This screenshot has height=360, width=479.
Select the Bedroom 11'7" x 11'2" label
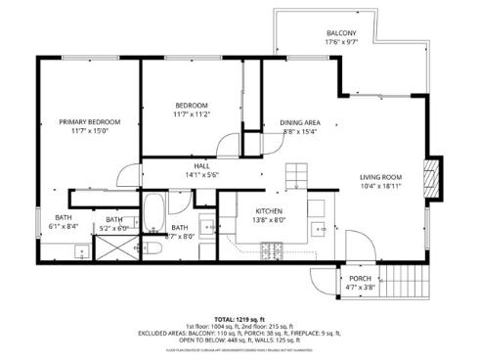[191, 106]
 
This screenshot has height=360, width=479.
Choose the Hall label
[201, 166]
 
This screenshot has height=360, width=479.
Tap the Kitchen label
[269, 211]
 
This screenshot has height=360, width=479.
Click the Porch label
[359, 278]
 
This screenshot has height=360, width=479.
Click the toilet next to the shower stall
[153, 247]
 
